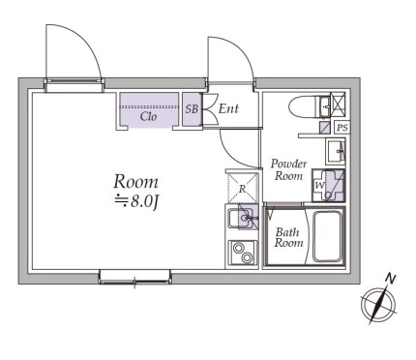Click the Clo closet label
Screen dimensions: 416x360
(x=148, y=116)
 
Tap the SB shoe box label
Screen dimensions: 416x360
(x=192, y=109)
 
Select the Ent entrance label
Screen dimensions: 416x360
(x=228, y=108)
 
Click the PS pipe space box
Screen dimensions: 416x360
(x=342, y=128)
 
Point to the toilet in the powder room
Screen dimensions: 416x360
(x=310, y=105)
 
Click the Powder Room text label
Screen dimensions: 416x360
(x=288, y=170)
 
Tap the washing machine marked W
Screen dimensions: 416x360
(x=328, y=186)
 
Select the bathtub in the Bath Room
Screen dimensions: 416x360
(x=328, y=236)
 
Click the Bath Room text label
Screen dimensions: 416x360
(x=288, y=237)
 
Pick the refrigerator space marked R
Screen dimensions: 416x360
(x=243, y=189)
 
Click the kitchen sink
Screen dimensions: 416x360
(x=243, y=219)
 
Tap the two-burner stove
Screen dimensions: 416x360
(x=243, y=254)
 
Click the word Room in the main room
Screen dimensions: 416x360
(x=135, y=182)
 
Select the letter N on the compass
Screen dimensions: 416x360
(x=391, y=279)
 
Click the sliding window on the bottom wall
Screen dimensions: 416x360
(x=135, y=278)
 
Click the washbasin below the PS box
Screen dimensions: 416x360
(x=336, y=151)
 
